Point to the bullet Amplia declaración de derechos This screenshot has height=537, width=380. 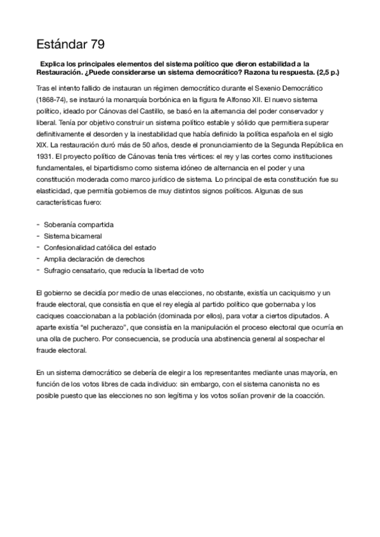[94, 258]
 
